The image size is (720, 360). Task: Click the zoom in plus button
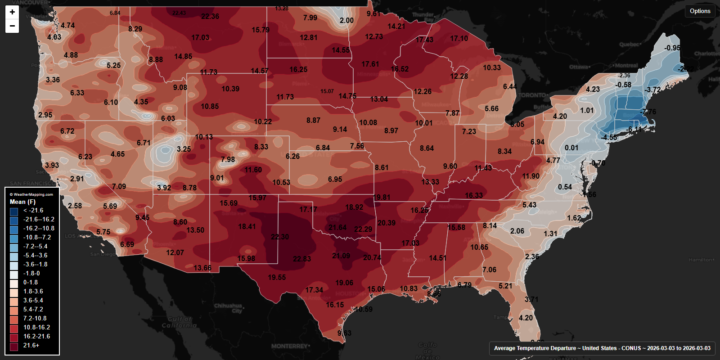[12, 12]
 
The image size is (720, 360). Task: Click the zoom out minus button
[12, 26]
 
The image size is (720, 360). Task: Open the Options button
[700, 11]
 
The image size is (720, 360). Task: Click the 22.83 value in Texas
[301, 259]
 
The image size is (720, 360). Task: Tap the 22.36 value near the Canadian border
[210, 17]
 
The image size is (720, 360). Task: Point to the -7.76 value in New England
[648, 112]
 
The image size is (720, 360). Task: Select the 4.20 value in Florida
[526, 318]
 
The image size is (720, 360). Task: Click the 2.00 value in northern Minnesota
[346, 20]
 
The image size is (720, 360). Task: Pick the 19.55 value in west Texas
[277, 278]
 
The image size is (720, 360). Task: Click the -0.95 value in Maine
[672, 48]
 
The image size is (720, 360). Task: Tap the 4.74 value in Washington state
[67, 25]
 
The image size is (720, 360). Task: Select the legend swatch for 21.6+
[14, 346]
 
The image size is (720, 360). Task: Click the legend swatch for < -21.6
[14, 211]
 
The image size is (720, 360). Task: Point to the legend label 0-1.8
[31, 283]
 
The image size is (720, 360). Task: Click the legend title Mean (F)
[22, 202]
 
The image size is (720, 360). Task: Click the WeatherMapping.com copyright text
[31, 194]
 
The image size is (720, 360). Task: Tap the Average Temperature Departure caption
[602, 348]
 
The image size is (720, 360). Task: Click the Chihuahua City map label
[228, 308]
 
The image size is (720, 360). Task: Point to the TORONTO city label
[532, 95]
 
